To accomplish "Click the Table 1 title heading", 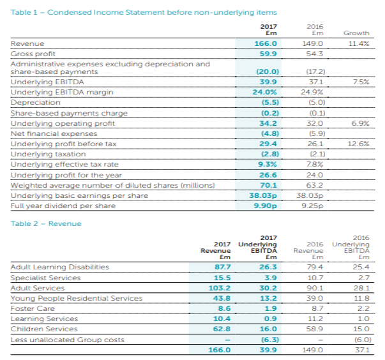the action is click(144, 12).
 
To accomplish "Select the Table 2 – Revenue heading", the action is click(46, 223).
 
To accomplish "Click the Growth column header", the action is click(356, 33).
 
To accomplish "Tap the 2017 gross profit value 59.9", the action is click(268, 54).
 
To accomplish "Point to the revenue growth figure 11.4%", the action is click(359, 43).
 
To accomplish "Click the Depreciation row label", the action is click(35, 102).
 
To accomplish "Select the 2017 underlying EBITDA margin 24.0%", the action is click(265, 92).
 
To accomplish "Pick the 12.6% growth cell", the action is click(358, 144).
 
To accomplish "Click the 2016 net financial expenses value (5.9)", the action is click(317, 133).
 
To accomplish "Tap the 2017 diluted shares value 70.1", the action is click(268, 185).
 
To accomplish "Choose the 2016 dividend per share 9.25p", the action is click(312, 206).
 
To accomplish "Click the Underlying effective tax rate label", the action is click(64, 164).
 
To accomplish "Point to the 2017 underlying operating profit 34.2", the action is click(268, 123).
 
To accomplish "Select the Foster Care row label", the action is click(33, 308).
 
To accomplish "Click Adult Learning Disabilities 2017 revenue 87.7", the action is click(222, 267).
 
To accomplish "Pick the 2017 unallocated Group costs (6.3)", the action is click(270, 340).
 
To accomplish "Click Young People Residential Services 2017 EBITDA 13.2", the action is click(268, 298).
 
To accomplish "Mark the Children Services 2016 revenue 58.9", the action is click(315, 329).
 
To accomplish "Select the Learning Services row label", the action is click(44, 319).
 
